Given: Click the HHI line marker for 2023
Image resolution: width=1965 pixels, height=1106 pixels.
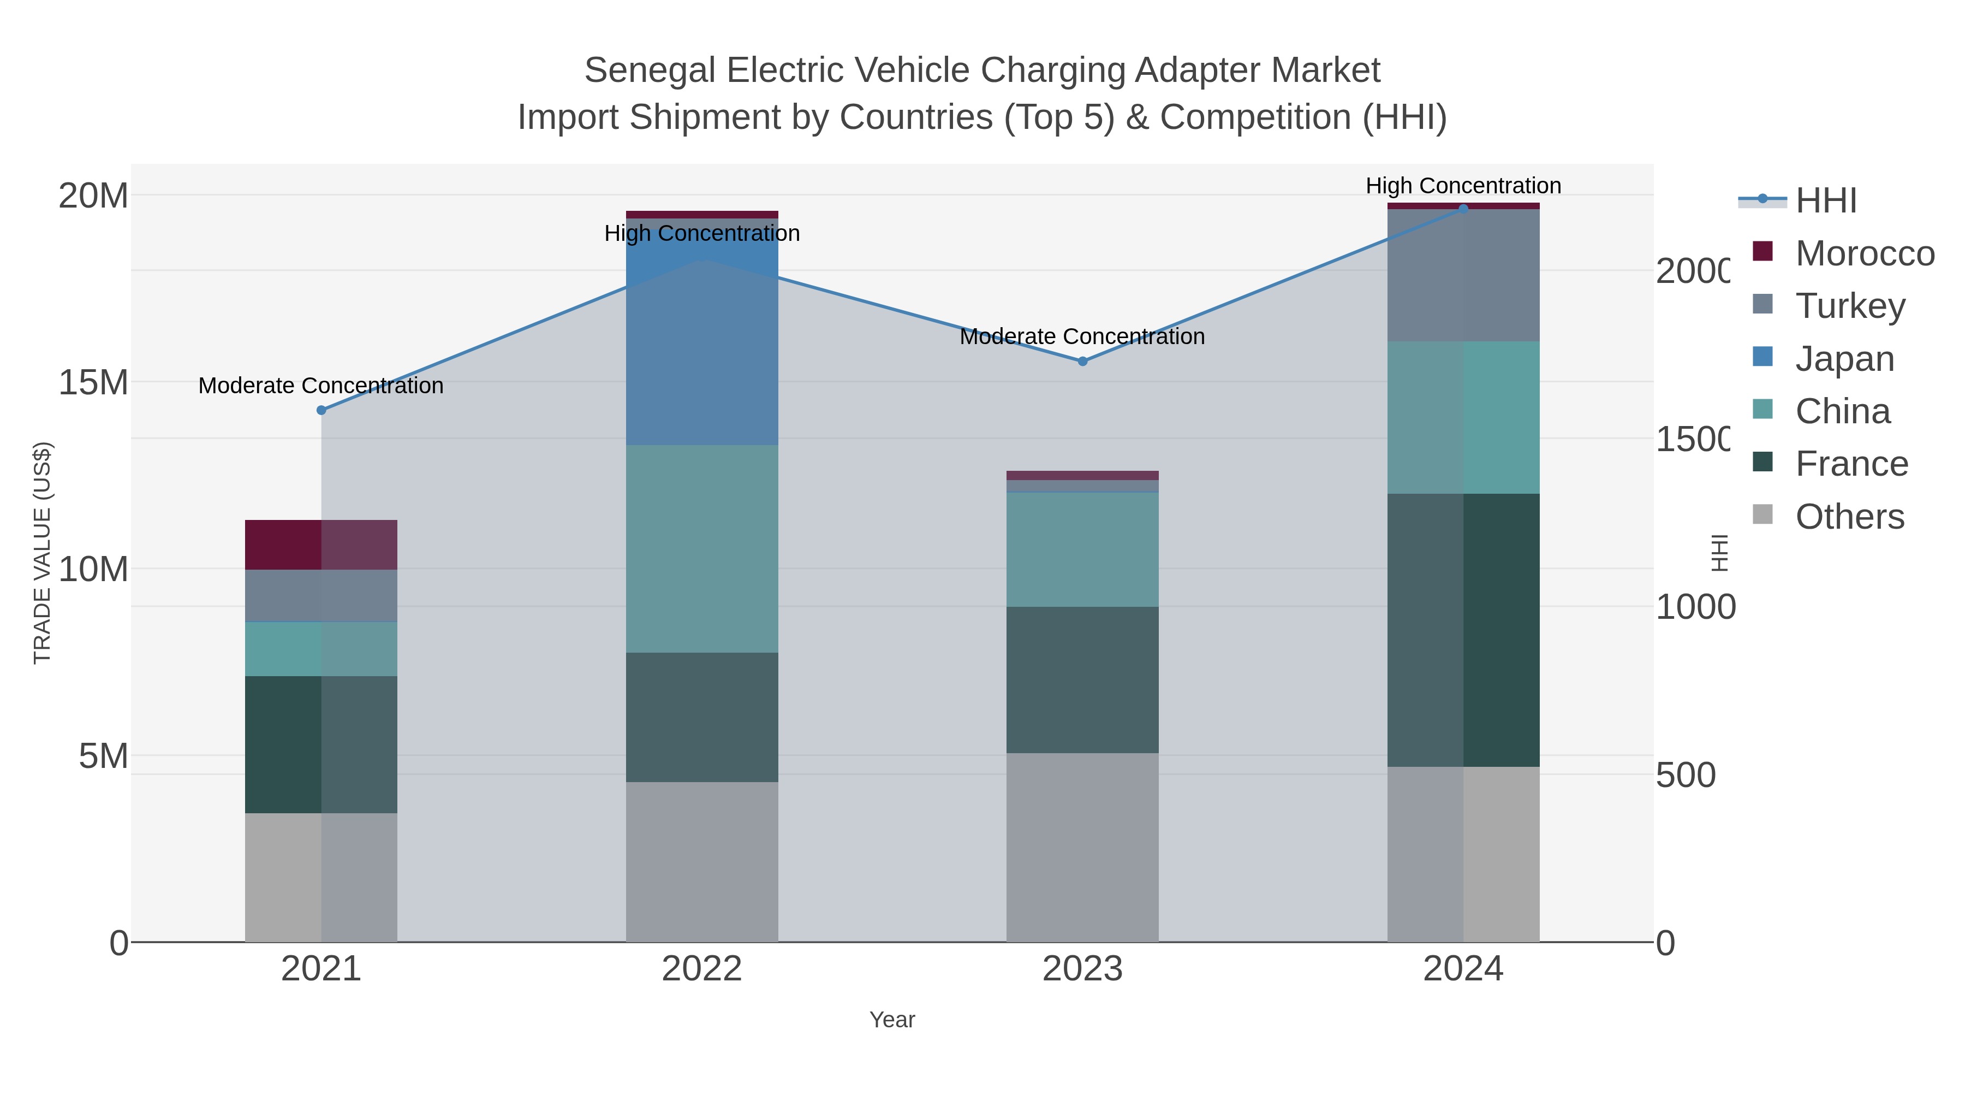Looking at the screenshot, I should point(1082,361).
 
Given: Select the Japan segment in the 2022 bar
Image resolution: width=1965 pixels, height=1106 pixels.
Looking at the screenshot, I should point(702,336).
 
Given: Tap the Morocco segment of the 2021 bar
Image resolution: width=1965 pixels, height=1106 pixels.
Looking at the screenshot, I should point(320,545).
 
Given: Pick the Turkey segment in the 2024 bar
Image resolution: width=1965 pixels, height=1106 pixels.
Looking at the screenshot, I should point(1463,275).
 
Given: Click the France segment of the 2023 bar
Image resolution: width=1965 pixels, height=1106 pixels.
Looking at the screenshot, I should point(1082,679).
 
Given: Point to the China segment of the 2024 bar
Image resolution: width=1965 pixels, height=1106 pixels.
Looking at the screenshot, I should point(1463,417).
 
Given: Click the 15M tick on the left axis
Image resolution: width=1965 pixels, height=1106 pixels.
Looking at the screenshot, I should point(93,382).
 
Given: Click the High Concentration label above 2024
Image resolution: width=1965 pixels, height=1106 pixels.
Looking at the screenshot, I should point(1463,186).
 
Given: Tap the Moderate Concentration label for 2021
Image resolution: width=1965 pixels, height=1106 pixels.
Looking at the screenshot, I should point(320,386).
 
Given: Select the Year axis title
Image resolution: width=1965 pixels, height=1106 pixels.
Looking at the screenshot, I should point(892,1020).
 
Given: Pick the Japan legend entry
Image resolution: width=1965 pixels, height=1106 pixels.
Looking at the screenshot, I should point(1844,359).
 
